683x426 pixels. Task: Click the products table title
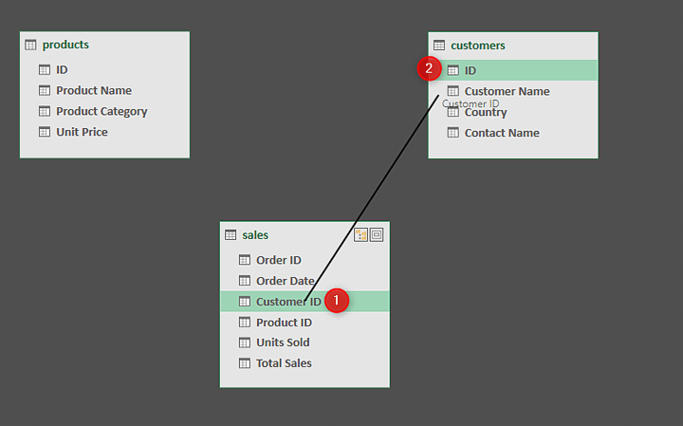[x=65, y=45]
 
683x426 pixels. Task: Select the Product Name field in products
[x=93, y=90]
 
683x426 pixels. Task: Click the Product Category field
[x=102, y=111]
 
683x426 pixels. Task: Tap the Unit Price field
[x=82, y=132]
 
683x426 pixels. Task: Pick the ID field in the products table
[x=62, y=69]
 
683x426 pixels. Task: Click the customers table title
[x=477, y=46]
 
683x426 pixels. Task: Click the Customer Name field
[x=507, y=91]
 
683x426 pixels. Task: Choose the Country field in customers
[x=486, y=112]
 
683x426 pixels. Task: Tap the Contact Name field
[x=502, y=133]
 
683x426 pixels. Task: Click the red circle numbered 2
[x=430, y=68]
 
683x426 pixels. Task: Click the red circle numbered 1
[x=337, y=301]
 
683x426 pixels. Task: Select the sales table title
[x=255, y=235]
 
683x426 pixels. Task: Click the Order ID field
[x=278, y=260]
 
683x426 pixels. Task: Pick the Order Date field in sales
[x=285, y=281]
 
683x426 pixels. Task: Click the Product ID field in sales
[x=284, y=323]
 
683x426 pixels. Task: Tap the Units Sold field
[x=283, y=343]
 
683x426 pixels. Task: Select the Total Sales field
[x=284, y=363]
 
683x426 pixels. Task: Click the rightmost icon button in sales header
[x=377, y=235]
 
